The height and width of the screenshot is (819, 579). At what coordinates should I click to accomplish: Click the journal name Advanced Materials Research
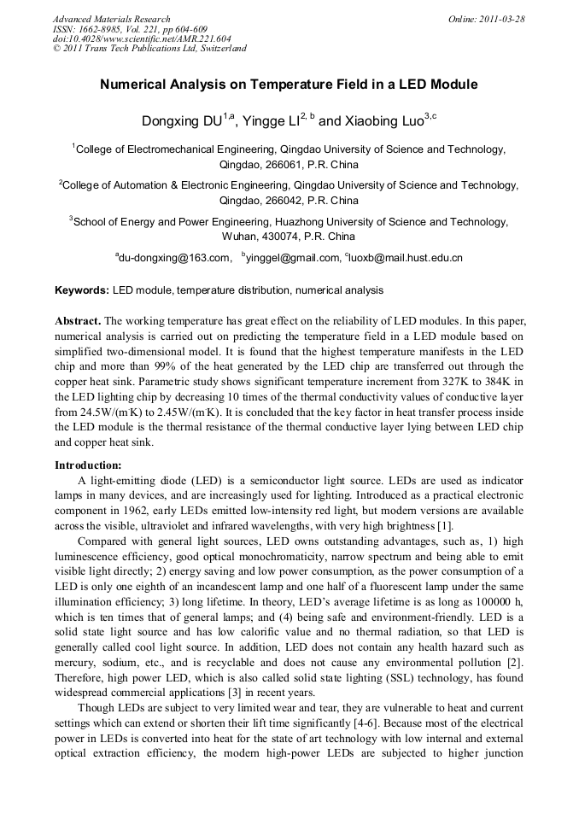tap(112, 19)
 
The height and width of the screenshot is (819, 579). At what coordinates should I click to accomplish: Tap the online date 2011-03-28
tap(502, 19)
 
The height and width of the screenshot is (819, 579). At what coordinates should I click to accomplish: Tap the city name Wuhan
tap(240, 237)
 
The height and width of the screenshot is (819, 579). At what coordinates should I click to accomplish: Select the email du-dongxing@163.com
tap(174, 257)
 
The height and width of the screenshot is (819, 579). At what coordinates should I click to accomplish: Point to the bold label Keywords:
tap(83, 290)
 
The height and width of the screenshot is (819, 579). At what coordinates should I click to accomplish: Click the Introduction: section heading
tap(88, 465)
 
